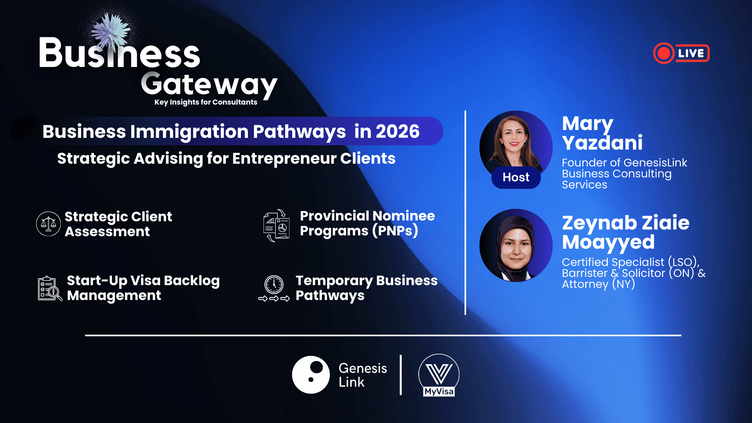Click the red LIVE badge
(x=681, y=53)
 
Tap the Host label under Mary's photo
(x=516, y=177)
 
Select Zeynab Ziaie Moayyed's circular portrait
(x=516, y=245)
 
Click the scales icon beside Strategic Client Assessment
(x=48, y=224)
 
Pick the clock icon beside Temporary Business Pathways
(x=274, y=285)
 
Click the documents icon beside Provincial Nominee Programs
(x=277, y=225)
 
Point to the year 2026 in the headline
(x=397, y=132)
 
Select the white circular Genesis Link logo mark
(x=311, y=375)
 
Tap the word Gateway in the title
(x=209, y=85)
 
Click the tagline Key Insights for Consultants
(x=206, y=102)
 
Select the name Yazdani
(x=602, y=143)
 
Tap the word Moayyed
(x=608, y=242)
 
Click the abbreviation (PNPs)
(x=395, y=231)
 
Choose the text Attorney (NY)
(x=598, y=284)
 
